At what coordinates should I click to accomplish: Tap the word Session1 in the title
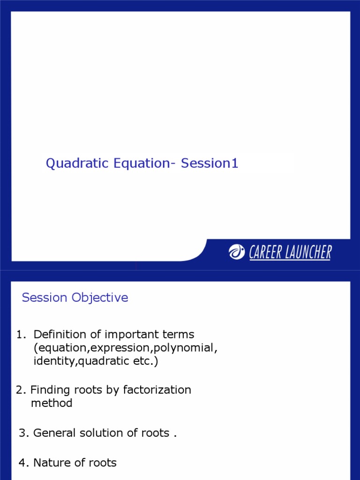click(210, 164)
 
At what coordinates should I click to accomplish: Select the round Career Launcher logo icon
click(237, 252)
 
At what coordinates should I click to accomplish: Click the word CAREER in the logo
click(264, 253)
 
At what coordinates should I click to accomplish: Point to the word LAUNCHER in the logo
click(307, 253)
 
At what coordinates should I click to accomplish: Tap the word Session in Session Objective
click(45, 298)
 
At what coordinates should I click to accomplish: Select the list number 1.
click(20, 335)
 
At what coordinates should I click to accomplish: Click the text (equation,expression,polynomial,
click(125, 348)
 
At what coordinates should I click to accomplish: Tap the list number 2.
click(21, 390)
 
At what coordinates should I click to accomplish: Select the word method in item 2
click(52, 403)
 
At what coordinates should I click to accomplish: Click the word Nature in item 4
click(51, 463)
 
